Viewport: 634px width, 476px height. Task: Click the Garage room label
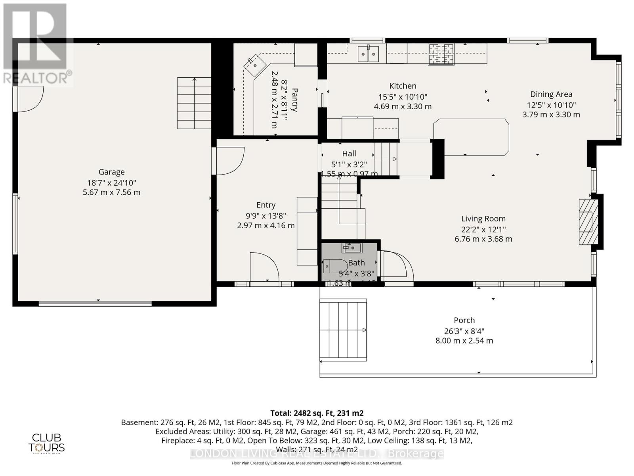tap(111, 172)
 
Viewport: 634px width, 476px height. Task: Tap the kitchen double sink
tap(368, 54)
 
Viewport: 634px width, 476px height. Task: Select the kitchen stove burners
tap(441, 54)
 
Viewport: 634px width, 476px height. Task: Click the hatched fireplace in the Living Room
tap(588, 222)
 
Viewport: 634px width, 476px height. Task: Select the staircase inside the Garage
tap(194, 103)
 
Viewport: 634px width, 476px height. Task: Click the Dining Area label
tap(551, 94)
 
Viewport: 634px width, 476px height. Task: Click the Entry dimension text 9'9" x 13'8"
tap(265, 215)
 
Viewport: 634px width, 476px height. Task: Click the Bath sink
tap(352, 248)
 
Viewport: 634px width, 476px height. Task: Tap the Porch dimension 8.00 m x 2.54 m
tap(464, 340)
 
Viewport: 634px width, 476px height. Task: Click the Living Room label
tap(483, 219)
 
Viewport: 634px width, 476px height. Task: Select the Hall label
tap(349, 154)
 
